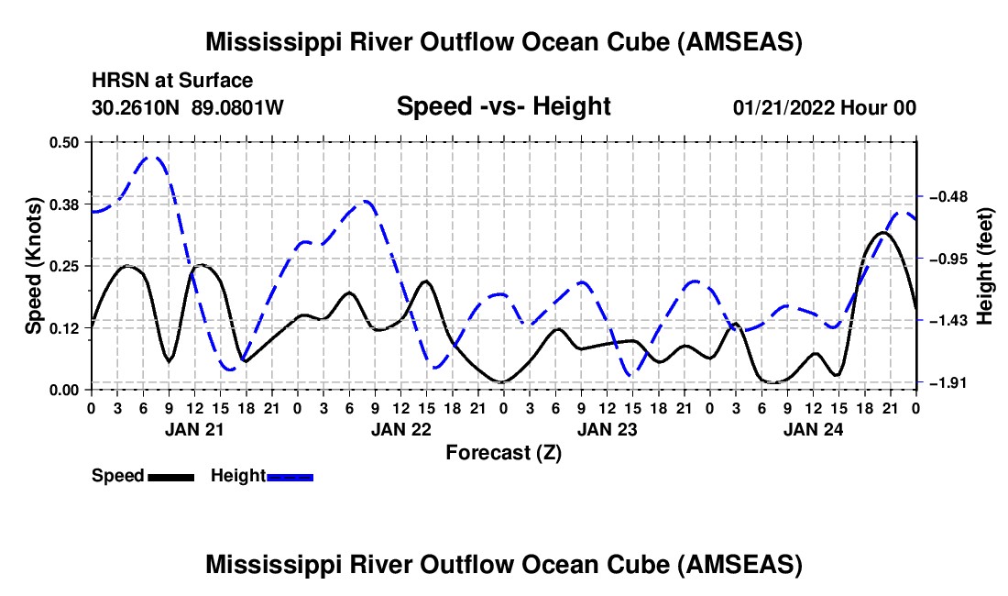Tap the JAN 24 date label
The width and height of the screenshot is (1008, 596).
tap(812, 428)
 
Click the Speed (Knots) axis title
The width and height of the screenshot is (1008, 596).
tap(34, 266)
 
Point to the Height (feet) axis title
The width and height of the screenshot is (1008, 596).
tap(985, 266)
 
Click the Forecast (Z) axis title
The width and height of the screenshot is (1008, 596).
tap(503, 452)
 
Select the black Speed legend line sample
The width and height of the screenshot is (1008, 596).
tap(170, 476)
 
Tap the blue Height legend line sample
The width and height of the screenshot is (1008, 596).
tap(290, 476)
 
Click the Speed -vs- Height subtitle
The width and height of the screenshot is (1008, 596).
tap(503, 106)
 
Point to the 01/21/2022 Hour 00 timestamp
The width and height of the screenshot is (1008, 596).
tap(824, 108)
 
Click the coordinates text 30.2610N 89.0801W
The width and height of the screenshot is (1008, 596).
tap(188, 108)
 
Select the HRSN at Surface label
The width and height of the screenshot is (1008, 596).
tap(172, 82)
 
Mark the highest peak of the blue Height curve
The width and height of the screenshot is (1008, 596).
tap(152, 157)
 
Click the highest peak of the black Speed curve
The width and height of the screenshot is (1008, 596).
tap(882, 233)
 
